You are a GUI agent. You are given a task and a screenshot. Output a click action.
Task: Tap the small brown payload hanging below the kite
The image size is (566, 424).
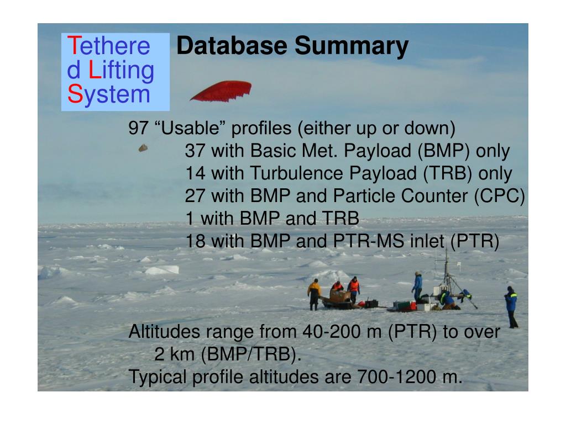pos(143,148)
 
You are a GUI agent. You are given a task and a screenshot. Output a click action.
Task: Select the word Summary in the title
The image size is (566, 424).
pos(351,46)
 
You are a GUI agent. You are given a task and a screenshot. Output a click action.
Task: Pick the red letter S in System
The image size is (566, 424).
pos(75,94)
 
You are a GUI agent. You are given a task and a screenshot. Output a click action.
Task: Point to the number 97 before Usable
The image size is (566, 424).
pos(138,128)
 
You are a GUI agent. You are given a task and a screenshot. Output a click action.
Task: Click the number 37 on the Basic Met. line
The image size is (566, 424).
pos(195,150)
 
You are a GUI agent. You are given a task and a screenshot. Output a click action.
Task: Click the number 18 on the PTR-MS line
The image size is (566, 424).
pos(195,241)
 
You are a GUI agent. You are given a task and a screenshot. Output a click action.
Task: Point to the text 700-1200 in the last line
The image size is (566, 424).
pos(396,377)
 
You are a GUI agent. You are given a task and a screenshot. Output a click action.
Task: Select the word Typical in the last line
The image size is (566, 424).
pos(158,378)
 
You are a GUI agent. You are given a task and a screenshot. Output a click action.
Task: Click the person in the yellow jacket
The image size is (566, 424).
pos(314,295)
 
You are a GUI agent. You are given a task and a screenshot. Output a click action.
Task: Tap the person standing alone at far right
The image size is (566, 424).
pos(511,307)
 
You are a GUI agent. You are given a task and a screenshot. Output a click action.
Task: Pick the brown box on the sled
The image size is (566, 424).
pos(340,296)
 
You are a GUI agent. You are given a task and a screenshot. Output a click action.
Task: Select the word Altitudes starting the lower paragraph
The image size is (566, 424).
pos(164,331)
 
